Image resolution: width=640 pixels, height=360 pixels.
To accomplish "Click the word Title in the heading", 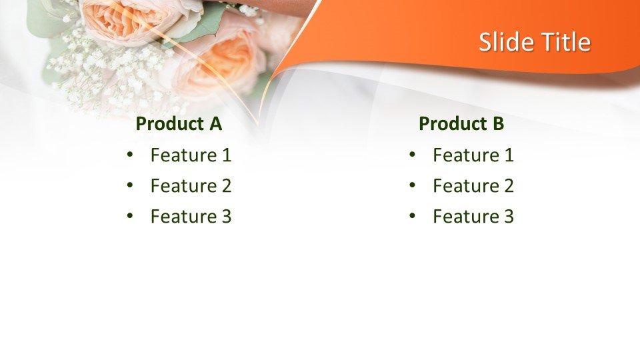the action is click(566, 41).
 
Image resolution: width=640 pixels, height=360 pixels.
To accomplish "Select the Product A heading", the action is click(179, 124).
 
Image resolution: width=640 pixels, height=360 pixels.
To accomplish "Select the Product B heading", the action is click(461, 124).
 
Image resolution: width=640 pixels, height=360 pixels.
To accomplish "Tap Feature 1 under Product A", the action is click(191, 155).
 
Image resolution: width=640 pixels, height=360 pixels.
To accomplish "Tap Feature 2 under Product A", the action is click(191, 186).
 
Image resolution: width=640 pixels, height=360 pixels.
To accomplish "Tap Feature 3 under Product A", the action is click(191, 216).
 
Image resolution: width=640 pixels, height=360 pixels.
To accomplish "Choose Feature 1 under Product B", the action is click(473, 155).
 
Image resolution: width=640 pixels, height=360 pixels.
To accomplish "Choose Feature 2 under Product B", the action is click(473, 186).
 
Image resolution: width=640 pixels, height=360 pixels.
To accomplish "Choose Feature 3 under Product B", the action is click(473, 216).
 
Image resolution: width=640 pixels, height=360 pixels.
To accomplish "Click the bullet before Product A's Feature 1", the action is click(130, 154).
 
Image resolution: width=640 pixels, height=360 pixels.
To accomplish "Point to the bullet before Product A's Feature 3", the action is click(130, 215).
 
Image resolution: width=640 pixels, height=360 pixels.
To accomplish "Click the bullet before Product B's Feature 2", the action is click(412, 185).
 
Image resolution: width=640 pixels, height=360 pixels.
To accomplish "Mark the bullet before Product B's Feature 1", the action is click(412, 154).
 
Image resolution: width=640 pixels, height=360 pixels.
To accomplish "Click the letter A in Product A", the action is click(216, 124).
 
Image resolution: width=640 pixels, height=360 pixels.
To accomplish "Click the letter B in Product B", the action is click(499, 124).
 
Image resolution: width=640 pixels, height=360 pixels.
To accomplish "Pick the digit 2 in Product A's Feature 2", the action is click(226, 186).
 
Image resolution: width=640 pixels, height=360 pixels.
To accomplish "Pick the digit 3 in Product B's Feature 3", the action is click(509, 216).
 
